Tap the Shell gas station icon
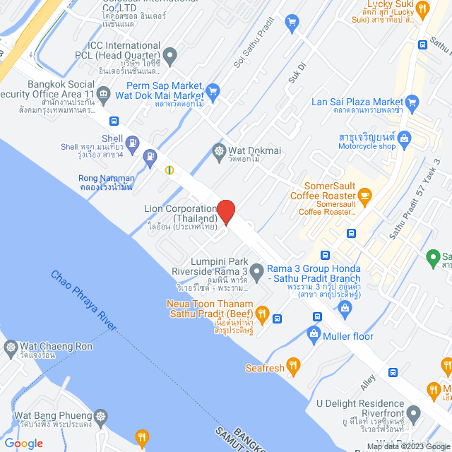tap(150, 155)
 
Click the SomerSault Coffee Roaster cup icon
tap(364, 195)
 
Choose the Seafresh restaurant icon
tap(294, 366)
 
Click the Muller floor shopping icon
tap(314, 333)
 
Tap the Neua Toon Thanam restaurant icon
tap(262, 313)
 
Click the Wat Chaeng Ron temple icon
tap(11, 347)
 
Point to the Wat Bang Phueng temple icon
tap(102, 417)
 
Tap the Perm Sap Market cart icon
tap(213, 90)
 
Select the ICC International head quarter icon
tap(169, 54)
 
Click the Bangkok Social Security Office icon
tap(104, 94)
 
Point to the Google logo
tap(23, 443)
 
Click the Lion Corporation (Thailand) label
tap(181, 213)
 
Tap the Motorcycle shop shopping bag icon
tap(403, 138)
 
